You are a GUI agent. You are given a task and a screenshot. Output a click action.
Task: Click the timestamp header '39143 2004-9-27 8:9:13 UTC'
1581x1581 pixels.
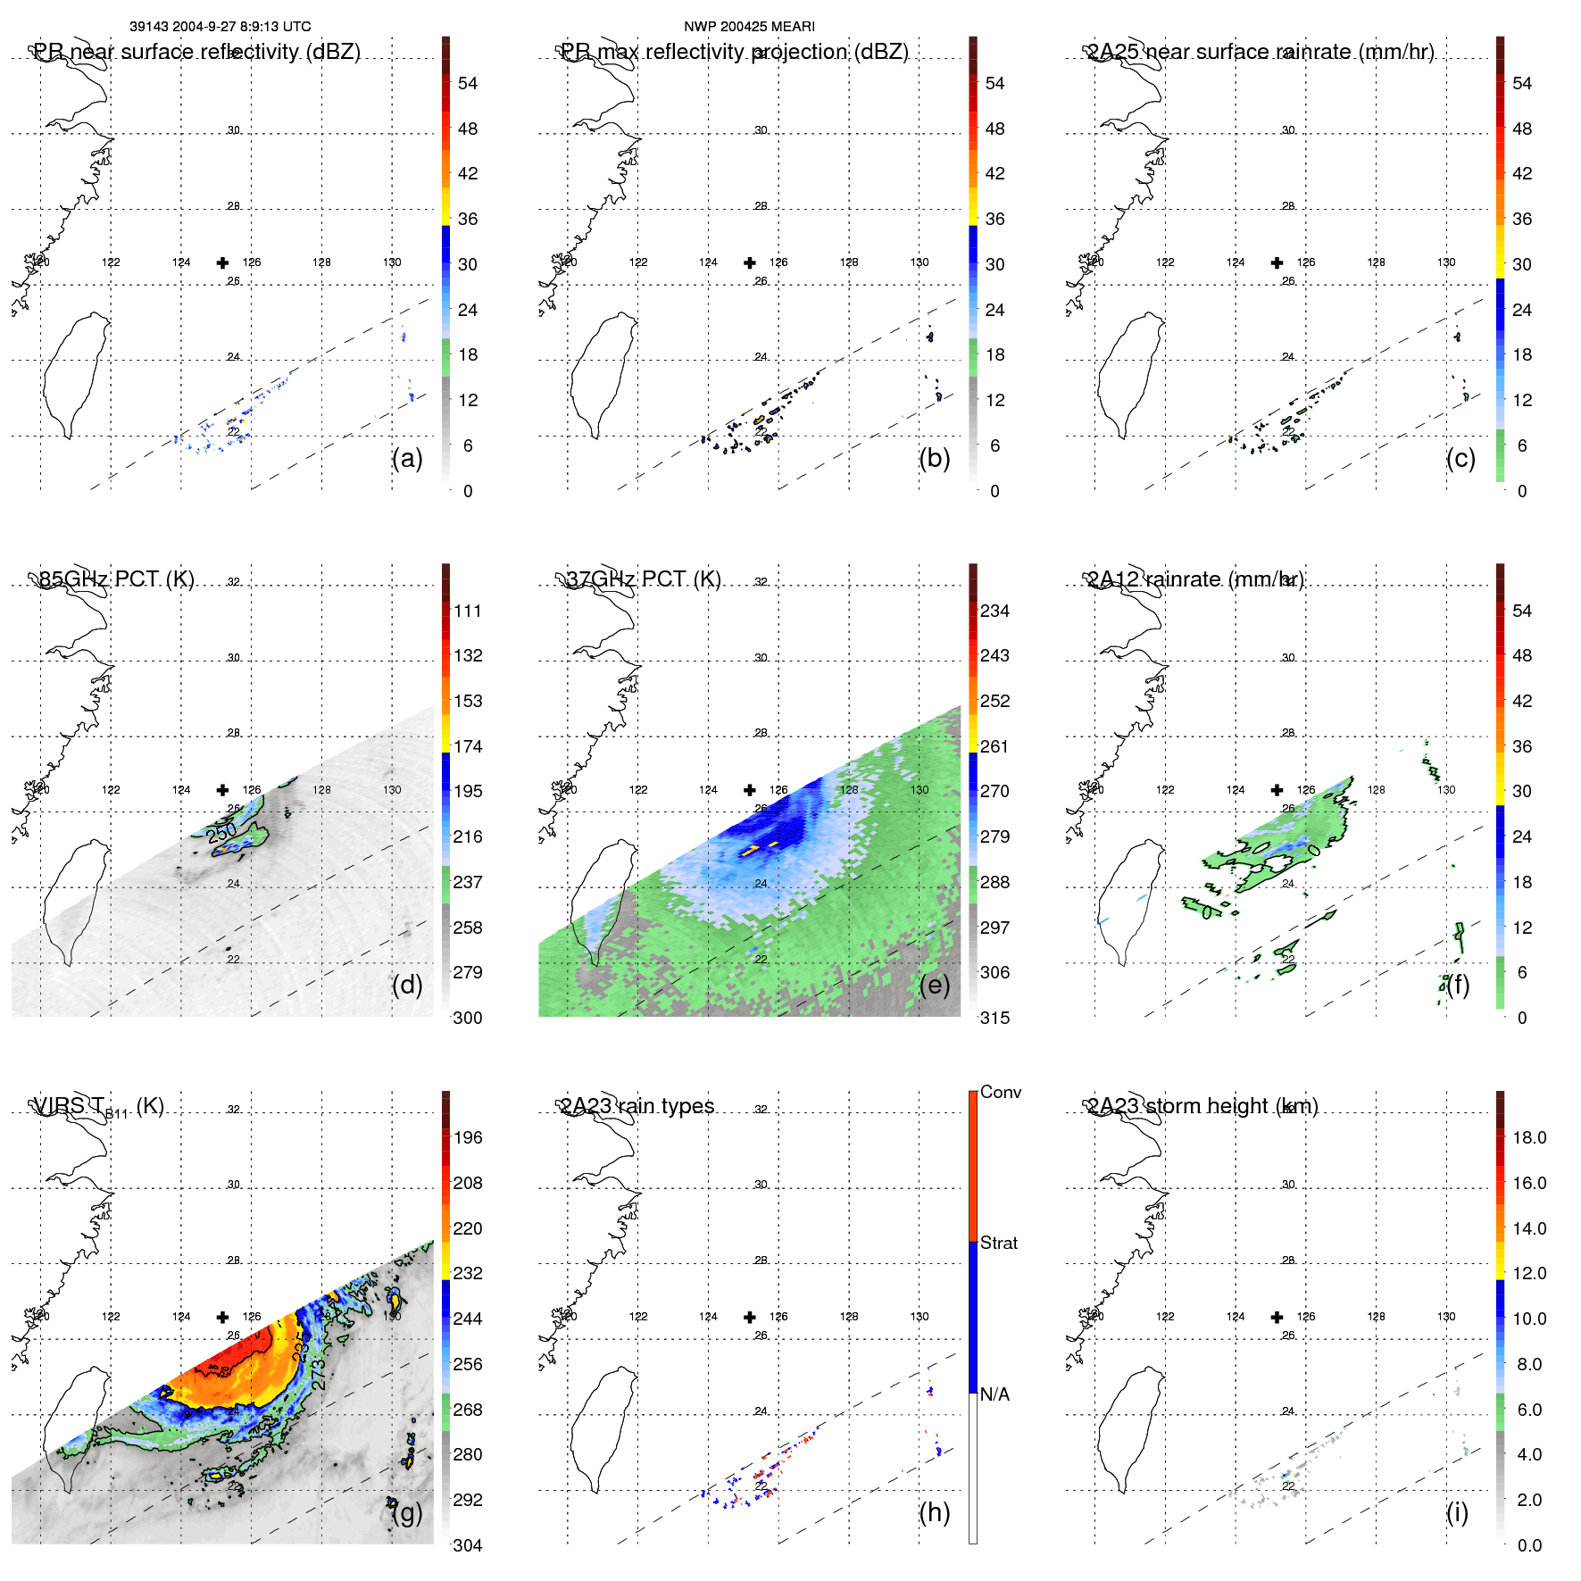(220, 27)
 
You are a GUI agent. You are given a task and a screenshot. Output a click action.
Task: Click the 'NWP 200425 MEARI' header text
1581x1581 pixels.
(749, 27)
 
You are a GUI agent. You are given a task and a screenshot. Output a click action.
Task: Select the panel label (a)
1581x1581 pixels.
(407, 459)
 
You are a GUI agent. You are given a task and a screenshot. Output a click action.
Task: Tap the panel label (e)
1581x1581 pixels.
(934, 986)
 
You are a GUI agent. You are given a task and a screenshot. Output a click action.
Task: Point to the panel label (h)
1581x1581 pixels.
(934, 1512)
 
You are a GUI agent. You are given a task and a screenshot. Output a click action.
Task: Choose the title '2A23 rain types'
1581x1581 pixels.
(637, 1106)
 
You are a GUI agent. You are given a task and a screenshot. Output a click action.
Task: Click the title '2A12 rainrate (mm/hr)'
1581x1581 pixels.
(1195, 579)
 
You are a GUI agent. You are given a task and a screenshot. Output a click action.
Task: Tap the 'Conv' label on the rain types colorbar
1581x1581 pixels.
(1001, 1092)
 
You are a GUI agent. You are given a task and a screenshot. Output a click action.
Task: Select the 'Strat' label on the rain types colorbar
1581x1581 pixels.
(999, 1243)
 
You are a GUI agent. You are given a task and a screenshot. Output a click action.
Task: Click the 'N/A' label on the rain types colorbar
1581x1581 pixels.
(994, 1394)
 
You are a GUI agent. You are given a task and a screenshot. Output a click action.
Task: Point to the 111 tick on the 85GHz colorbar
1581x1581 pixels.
(468, 611)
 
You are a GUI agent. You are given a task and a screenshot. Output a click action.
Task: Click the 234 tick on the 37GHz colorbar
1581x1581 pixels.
(994, 611)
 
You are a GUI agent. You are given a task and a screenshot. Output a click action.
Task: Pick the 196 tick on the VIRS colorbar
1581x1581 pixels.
(468, 1137)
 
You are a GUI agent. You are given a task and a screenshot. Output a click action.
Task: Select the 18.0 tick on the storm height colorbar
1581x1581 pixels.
(1529, 1137)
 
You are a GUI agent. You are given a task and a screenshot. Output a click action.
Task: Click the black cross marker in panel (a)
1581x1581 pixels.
(222, 262)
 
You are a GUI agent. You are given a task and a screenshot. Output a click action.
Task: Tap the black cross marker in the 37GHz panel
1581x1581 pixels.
(750, 790)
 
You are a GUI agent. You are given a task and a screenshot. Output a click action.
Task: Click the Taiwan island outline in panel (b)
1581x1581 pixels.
(600, 375)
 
